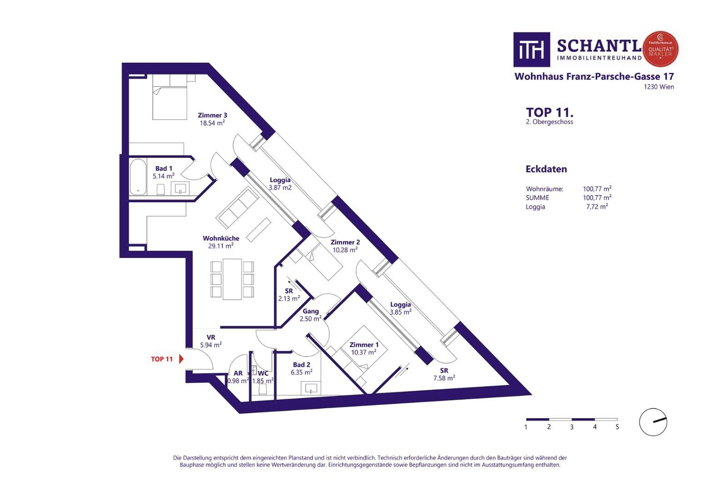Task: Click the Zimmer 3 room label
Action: click(212, 115)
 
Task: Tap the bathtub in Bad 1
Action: click(138, 177)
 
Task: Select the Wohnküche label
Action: click(221, 239)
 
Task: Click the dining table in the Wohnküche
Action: click(233, 279)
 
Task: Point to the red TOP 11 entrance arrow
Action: click(182, 359)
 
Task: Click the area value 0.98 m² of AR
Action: click(238, 381)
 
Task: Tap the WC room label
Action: click(263, 373)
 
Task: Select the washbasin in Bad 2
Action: click(311, 389)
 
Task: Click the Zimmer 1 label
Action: click(364, 345)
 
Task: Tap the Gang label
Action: click(311, 311)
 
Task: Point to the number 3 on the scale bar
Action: click(571, 427)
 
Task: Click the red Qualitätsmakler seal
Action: click(660, 49)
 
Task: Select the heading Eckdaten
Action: click(546, 169)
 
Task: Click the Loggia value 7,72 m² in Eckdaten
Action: click(597, 207)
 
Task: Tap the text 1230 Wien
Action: click(659, 87)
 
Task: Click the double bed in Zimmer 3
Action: click(170, 97)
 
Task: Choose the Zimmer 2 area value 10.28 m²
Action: click(345, 250)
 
